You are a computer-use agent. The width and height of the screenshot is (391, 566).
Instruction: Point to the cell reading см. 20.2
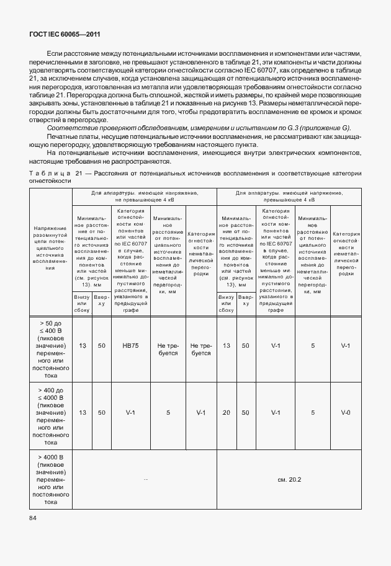click(289, 479)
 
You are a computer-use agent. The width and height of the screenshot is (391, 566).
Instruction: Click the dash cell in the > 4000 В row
click(145, 479)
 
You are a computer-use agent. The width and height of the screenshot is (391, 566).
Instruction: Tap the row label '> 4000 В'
click(51, 458)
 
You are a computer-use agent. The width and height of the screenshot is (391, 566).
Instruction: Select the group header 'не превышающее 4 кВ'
click(145, 201)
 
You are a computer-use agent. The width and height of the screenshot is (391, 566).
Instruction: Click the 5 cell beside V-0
click(313, 412)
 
